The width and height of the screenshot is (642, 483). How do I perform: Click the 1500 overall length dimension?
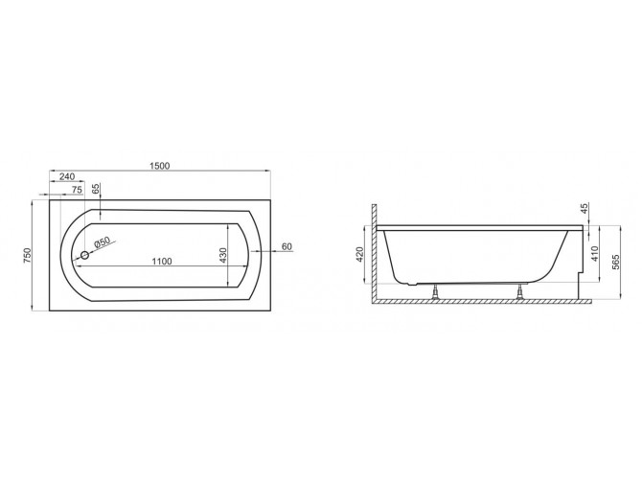[x=159, y=166]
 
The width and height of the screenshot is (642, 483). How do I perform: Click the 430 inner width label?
[x=222, y=256]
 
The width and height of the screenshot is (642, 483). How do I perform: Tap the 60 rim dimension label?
[x=285, y=247]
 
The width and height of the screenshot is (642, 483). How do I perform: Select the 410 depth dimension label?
[x=596, y=254]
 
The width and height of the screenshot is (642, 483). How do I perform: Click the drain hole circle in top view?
[x=85, y=255]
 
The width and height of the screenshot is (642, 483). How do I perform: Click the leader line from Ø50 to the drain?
[x=92, y=249]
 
